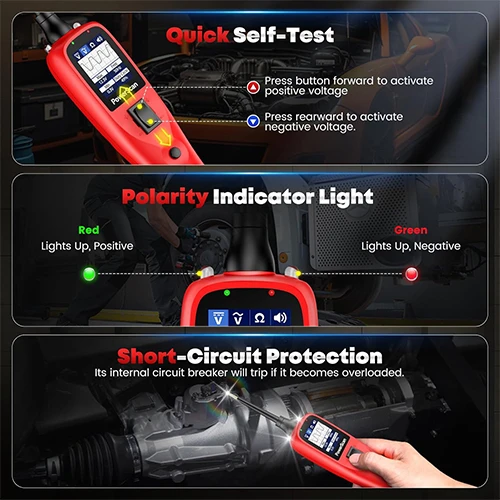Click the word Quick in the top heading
point(197,36)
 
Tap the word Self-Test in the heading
point(283,35)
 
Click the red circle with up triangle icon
point(253,88)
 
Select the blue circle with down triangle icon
point(253,121)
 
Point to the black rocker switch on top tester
point(145,115)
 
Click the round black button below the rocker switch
point(175,153)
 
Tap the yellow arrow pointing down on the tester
point(164,137)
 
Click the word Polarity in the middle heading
point(165,198)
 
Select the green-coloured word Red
point(89,230)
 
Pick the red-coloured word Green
point(411,230)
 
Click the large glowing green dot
point(89,274)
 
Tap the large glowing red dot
point(411,274)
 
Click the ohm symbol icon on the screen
point(259,318)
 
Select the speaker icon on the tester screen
point(280,318)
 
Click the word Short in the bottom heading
point(147,356)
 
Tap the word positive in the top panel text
point(306,91)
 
